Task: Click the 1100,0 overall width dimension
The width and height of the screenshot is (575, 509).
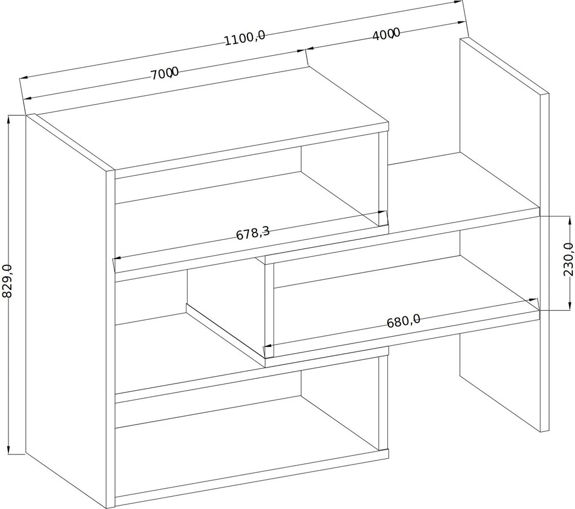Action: [244, 38]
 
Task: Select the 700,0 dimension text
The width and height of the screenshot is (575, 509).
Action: [165, 73]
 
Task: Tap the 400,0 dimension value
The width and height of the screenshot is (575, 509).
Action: [386, 34]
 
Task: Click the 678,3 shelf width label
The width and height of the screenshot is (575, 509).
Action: [253, 233]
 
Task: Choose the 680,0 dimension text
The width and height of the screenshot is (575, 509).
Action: [404, 321]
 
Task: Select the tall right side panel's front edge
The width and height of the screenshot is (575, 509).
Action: [544, 262]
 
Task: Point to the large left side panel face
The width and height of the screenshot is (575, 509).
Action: [67, 311]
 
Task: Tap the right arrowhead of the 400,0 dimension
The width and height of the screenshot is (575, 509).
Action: [461, 23]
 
